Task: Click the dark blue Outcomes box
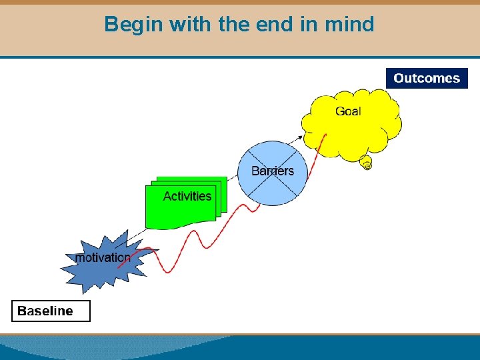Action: [427, 78]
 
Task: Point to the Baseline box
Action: [51, 311]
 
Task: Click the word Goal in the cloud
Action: [348, 111]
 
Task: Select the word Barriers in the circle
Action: [272, 171]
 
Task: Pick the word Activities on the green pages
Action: [187, 196]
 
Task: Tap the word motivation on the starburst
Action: [103, 257]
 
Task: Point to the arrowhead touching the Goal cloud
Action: [301, 136]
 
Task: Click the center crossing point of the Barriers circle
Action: [273, 173]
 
